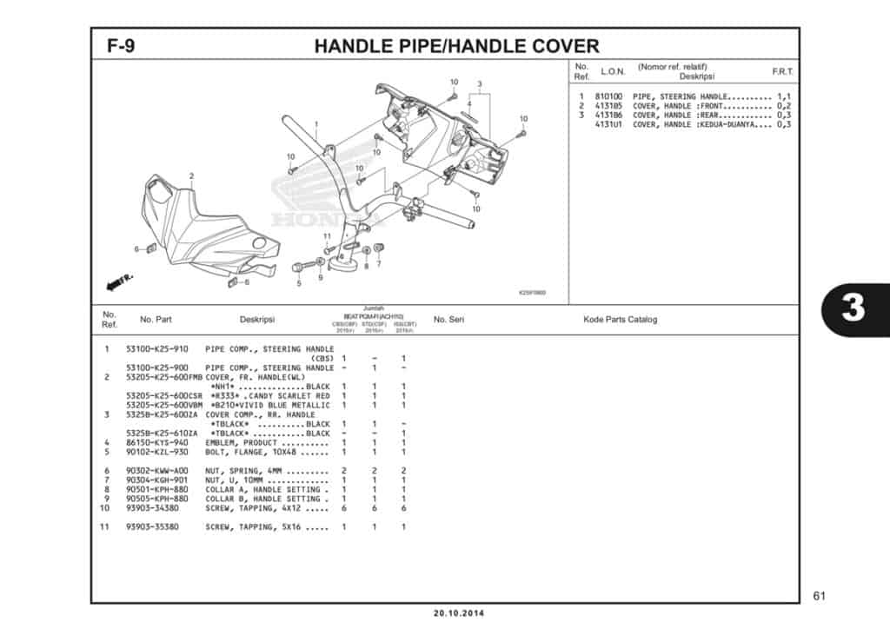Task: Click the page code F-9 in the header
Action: [x=121, y=45]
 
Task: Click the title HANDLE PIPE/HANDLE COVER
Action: [x=456, y=45]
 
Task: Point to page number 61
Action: [x=819, y=595]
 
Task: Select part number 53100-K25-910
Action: [x=156, y=349]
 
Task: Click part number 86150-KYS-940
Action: [x=156, y=442]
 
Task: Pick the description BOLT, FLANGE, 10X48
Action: [x=265, y=452]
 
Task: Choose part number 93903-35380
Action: [x=156, y=526]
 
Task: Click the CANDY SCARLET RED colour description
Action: [x=270, y=396]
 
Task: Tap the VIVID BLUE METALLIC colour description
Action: [x=270, y=406]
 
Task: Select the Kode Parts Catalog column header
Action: [x=620, y=320]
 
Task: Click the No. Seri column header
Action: [x=448, y=320]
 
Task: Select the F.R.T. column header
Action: [x=782, y=71]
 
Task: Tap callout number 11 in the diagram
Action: [x=327, y=236]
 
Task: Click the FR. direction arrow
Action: [x=117, y=281]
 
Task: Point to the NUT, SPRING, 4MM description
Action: [x=265, y=471]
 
